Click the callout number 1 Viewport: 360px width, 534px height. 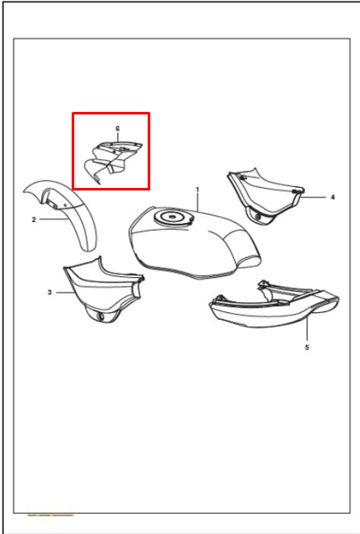click(197, 190)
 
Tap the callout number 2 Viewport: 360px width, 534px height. click(34, 219)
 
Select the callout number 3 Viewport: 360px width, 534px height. click(50, 292)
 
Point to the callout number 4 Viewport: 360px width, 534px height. click(333, 197)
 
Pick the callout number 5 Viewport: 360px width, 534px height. click(307, 347)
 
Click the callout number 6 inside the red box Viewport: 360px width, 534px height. click(118, 128)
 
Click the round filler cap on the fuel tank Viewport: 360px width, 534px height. click(173, 217)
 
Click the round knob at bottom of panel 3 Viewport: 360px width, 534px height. click(100, 316)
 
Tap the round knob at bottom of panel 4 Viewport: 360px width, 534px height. click(258, 218)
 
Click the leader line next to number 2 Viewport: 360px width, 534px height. click(53, 219)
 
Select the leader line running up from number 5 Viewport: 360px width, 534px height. click(307, 329)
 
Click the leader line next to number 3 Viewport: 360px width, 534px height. click(65, 292)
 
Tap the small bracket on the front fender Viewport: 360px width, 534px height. click(52, 204)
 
